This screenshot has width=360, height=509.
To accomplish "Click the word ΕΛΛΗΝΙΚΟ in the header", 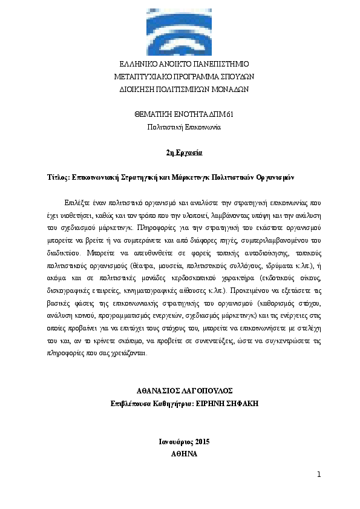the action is pyautogui.click(x=137, y=64).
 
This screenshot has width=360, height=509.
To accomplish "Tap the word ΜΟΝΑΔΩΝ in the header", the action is pyautogui.click(x=227, y=89).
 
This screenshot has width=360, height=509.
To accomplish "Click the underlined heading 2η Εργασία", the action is pyautogui.click(x=180, y=153).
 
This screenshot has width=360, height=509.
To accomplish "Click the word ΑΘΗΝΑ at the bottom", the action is pyautogui.click(x=180, y=453).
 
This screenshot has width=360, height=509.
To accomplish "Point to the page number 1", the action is pyautogui.click(x=318, y=475).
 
